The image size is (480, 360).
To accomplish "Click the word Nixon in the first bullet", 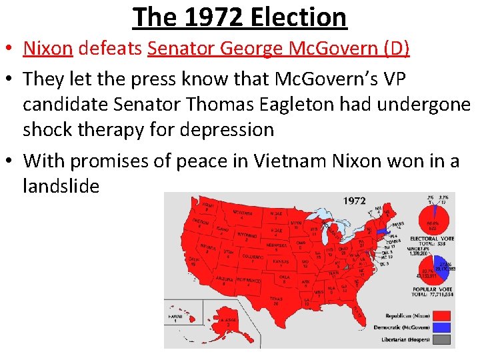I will (48, 48).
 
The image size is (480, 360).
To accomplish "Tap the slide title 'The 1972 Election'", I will (240, 17).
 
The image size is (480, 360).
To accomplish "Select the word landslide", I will (61, 186).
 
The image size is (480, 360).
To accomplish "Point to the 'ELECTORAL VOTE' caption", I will (431, 239).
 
